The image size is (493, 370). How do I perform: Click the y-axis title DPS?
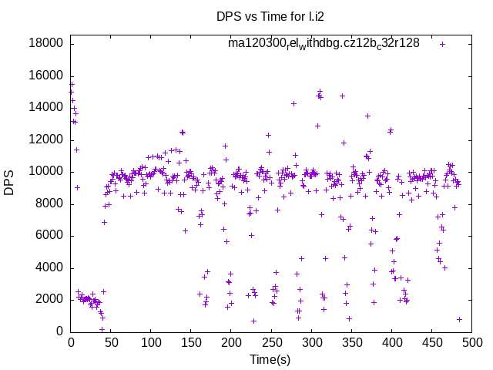pos(9,183)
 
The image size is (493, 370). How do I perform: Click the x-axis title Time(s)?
pos(271,359)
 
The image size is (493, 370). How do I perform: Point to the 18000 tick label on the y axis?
pos(45,43)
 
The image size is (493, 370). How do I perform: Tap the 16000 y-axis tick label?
pos(45,76)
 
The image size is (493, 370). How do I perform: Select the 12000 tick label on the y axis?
pos(45,140)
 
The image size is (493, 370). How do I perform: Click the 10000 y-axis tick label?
pos(45,172)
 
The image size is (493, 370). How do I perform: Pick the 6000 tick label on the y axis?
pos(49,236)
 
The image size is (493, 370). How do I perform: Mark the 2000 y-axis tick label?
pos(49,300)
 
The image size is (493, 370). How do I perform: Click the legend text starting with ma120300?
pos(324,44)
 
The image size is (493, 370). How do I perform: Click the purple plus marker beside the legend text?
pos(442,44)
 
